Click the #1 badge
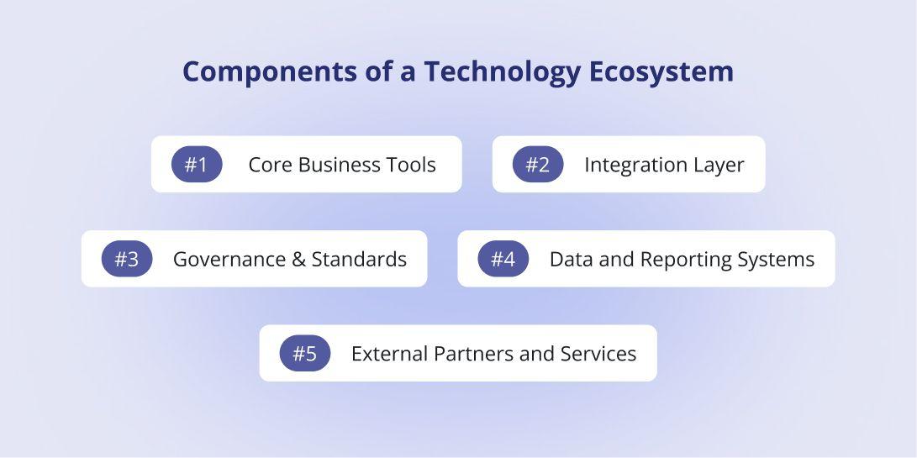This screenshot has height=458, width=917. (x=197, y=165)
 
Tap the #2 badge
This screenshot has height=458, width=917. (x=538, y=165)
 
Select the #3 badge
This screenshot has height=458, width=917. (x=127, y=259)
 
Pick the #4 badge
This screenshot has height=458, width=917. (x=503, y=259)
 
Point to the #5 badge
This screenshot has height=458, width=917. (x=305, y=353)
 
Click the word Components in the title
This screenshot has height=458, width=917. (x=270, y=72)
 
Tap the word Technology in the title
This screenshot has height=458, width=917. (x=503, y=72)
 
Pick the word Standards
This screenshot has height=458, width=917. (x=359, y=259)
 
